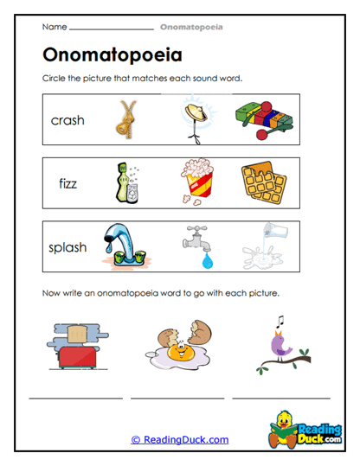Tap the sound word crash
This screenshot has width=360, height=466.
67,120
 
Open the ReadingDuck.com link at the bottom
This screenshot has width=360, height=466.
180,440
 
